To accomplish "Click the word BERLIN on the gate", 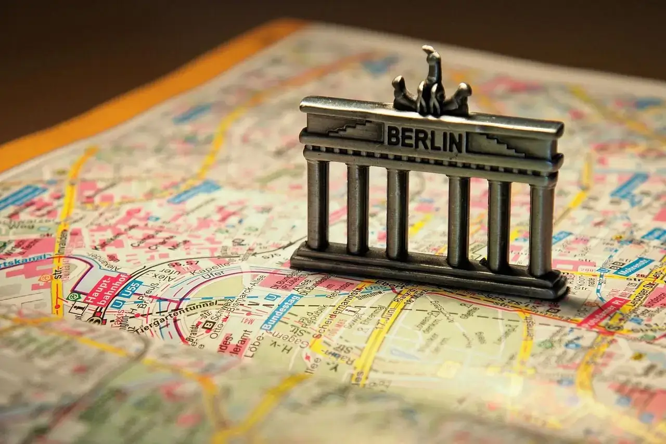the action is pyautogui.click(x=425, y=138).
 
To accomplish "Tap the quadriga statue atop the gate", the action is pyautogui.click(x=432, y=86).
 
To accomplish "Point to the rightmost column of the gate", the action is pyautogui.click(x=542, y=229).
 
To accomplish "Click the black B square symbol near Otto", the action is pyautogui.click(x=209, y=324).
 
